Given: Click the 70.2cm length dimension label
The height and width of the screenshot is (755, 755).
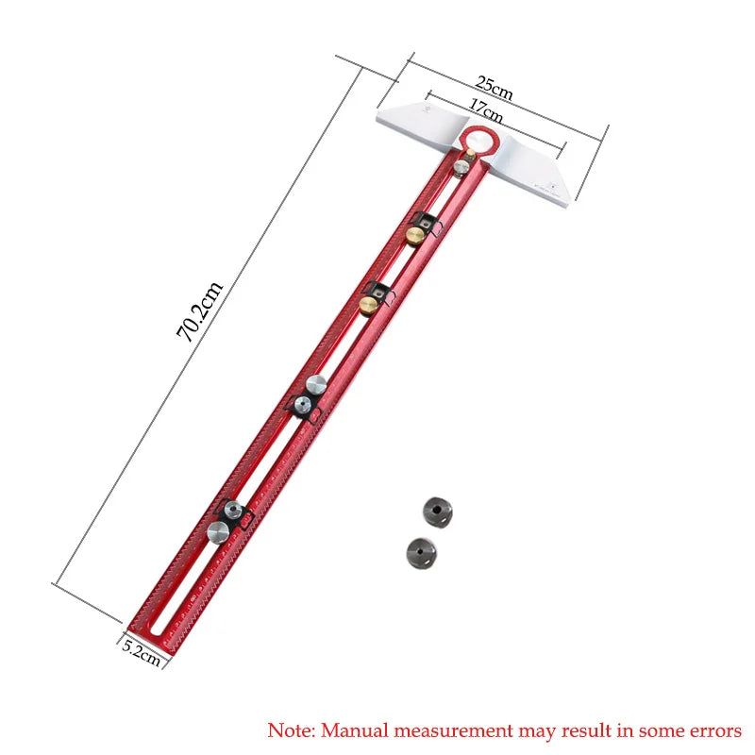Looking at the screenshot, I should tap(199, 311).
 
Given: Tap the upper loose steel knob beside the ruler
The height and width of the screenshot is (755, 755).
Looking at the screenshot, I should tap(438, 511).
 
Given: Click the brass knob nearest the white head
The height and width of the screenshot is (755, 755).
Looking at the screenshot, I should tap(416, 234).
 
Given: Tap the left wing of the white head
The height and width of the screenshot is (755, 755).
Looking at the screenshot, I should tap(415, 120).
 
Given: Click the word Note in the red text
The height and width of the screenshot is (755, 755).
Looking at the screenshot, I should tap(290, 730).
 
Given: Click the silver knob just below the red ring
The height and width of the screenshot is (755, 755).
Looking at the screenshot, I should tap(461, 167).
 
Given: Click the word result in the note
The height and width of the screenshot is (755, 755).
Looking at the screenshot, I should tap(593, 730).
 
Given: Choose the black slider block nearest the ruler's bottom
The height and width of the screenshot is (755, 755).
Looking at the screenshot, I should tap(233, 514).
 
